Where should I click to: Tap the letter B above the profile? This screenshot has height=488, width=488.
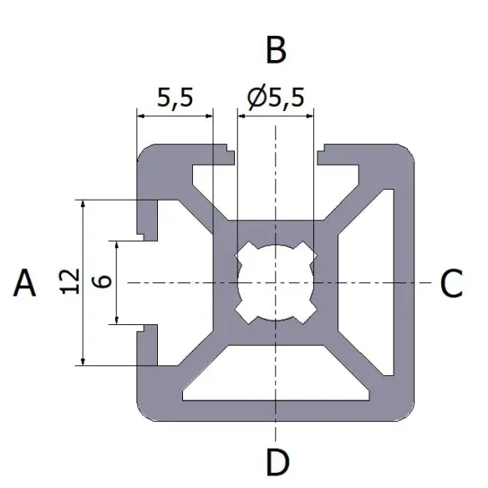(276, 51)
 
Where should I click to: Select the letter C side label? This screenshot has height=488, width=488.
(451, 285)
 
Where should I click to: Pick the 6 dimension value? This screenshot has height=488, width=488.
(104, 282)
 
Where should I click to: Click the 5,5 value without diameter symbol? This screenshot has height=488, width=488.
(175, 99)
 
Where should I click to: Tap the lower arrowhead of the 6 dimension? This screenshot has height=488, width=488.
(117, 318)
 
